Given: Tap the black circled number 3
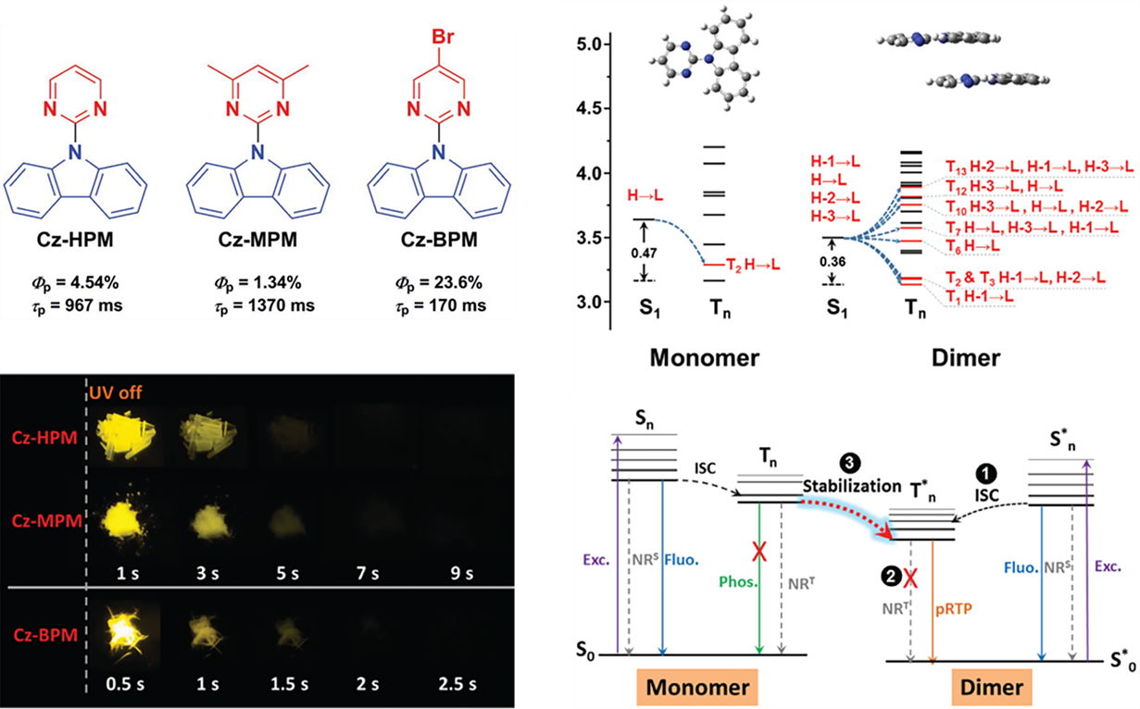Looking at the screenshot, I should tap(846, 460).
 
